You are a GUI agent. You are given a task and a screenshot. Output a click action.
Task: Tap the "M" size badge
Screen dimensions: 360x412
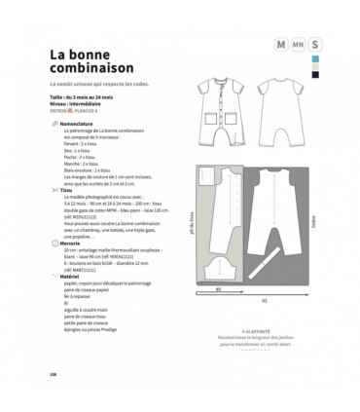[x=281, y=45]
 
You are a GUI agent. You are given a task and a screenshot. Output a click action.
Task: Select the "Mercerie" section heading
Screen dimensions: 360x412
[x=73, y=252]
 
